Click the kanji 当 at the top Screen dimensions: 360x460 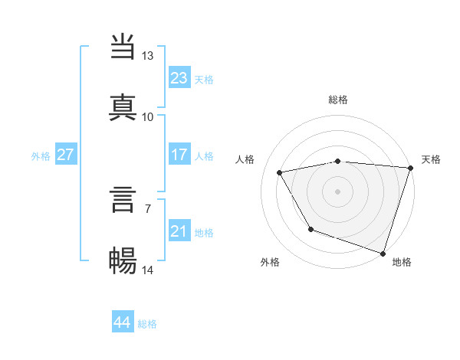click(123, 47)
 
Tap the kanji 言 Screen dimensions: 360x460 click(123, 201)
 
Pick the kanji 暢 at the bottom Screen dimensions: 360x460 click(123, 261)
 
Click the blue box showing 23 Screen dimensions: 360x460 click(179, 77)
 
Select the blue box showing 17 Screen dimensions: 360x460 click(179, 155)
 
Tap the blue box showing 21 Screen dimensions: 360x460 click(179, 231)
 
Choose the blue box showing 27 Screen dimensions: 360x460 click(65, 155)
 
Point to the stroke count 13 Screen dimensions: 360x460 click(147, 56)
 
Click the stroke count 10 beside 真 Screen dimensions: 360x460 click(147, 116)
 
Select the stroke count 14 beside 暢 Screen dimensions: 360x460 click(148, 270)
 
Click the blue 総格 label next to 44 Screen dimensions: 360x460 click(147, 324)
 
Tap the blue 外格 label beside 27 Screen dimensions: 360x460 click(41, 156)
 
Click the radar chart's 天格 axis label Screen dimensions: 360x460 click(432, 159)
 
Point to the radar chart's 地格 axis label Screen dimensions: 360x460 click(402, 262)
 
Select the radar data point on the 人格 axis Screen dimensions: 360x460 click(280, 173)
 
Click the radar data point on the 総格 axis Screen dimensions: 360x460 click(338, 161)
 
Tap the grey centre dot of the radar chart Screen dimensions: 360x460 click(338, 191)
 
